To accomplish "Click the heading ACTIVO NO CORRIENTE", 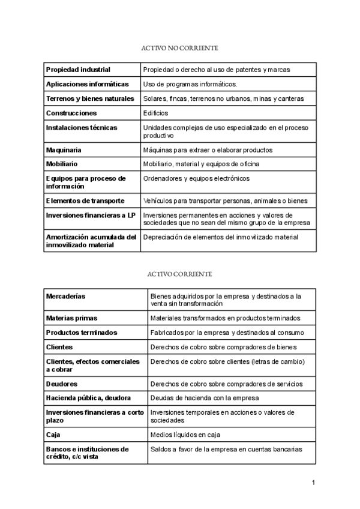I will [179, 47].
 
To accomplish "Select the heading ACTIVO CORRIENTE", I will [179, 274].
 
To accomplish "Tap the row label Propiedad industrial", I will [78, 70].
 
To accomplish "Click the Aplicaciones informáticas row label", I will [87, 84].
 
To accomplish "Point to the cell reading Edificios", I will [155, 113].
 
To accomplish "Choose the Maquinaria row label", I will [64, 149].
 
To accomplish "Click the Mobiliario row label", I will [62, 164].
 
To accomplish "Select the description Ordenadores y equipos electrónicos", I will [196, 178].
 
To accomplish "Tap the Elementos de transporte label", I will [85, 200].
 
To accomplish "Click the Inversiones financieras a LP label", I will [91, 215].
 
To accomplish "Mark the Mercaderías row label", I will [65, 297].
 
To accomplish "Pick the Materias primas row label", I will [71, 318].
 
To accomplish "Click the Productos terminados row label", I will [82, 333].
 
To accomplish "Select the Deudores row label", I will [62, 384].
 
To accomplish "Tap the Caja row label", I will [53, 434].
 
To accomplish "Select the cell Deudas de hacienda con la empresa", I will [204, 398].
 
